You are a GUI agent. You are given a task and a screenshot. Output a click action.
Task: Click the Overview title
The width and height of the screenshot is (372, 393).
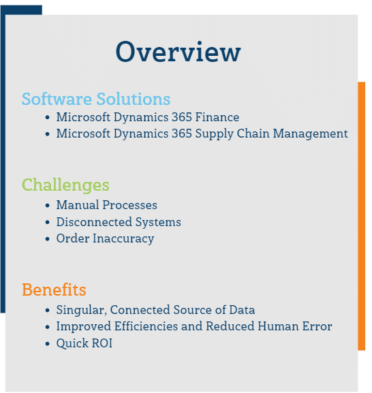pos(179,52)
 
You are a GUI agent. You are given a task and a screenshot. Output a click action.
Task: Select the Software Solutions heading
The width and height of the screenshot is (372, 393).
pos(96,99)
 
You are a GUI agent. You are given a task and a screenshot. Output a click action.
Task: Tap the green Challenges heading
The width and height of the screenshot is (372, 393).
pos(65,185)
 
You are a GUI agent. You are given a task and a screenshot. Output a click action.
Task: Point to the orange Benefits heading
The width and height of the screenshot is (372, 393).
pos(54,289)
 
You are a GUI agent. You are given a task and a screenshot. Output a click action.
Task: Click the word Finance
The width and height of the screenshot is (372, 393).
pos(217,117)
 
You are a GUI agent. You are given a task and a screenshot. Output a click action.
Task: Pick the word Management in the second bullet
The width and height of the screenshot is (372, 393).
pos(310,134)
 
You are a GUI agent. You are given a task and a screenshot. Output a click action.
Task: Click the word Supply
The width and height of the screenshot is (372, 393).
pos(215,134)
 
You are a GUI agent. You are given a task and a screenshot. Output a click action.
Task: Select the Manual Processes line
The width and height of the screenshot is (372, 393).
pos(106,205)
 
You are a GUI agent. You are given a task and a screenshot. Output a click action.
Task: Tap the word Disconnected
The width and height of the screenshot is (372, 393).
pos(94,222)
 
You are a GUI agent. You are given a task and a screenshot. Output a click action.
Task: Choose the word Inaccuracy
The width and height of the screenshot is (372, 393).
pos(123,238)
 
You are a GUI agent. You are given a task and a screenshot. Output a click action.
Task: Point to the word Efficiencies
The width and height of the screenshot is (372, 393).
pos(146,326)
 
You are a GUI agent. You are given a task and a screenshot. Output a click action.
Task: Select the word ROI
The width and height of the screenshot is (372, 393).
pos(102,343)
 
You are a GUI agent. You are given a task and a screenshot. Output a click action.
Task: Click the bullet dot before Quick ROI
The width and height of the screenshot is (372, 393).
pos(48,344)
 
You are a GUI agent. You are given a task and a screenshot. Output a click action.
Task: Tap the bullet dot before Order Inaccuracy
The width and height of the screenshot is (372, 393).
pos(48,239)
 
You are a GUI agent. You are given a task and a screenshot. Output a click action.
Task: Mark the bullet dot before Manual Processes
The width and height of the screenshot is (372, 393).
pos(48,206)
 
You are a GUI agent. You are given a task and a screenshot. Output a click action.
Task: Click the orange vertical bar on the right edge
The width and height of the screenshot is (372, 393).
pos(362,216)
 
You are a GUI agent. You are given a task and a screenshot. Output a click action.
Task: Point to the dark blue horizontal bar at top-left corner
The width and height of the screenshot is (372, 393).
pos(21,10)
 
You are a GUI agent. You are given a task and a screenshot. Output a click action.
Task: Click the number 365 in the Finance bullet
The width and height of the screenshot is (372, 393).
pos(182,117)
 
